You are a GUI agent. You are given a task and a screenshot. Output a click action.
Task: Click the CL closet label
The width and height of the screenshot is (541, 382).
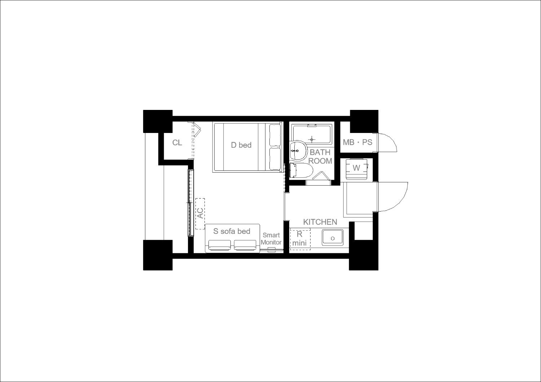point(177,143)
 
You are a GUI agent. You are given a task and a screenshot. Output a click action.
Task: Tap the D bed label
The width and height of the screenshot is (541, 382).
point(241,145)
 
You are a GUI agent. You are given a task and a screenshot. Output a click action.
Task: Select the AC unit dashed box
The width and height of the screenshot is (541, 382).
point(200,214)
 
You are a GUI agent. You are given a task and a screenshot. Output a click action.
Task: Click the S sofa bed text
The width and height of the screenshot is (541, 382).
point(232,231)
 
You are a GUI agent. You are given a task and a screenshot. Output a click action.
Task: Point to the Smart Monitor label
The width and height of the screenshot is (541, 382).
point(271,239)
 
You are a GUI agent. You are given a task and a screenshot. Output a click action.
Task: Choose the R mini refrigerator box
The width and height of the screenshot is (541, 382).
point(300,239)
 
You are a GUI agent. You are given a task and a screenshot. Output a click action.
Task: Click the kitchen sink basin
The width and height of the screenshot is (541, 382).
point(333,238)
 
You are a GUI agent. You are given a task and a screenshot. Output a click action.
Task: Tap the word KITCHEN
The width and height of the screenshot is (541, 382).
point(320,222)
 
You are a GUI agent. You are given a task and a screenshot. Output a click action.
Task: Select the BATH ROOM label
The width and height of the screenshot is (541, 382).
point(320,157)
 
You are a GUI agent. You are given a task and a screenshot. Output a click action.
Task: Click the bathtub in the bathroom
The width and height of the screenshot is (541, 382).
point(312,134)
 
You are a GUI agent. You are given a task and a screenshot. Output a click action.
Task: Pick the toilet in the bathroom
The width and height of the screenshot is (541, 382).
point(301,170)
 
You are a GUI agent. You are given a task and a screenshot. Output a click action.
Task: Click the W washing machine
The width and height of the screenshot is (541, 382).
point(356,169)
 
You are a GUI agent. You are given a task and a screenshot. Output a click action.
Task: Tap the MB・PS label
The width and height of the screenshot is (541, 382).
point(357,142)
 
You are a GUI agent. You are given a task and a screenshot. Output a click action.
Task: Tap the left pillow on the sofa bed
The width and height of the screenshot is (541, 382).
point(219,245)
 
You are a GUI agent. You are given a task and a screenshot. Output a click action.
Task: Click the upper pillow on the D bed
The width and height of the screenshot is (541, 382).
point(275,135)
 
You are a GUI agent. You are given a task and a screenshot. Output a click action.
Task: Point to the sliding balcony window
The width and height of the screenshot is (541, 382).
point(191,203)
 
